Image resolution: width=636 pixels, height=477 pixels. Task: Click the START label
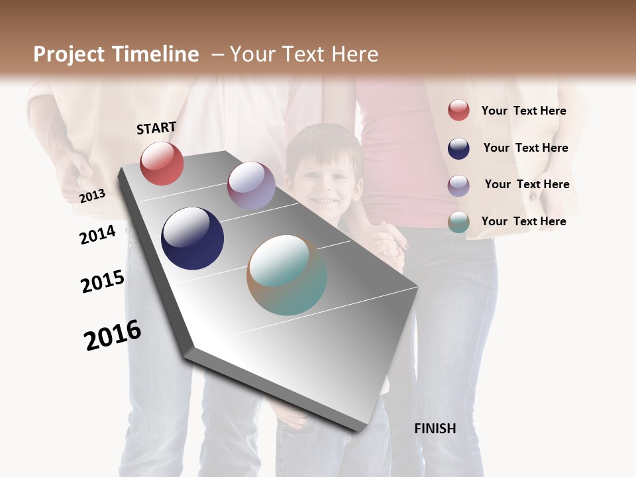coord(156,128)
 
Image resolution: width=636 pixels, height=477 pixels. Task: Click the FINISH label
coord(435,429)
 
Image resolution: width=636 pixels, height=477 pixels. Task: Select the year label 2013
coord(93,195)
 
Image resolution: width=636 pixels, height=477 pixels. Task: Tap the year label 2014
coord(98,235)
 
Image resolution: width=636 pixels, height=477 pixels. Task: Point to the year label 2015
coord(103,281)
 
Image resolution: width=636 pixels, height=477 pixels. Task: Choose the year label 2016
coord(113,335)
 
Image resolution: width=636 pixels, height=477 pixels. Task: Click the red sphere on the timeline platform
coord(162,163)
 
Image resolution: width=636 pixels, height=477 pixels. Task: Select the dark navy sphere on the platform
coord(192,238)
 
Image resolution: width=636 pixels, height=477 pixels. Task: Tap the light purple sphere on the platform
coord(251,185)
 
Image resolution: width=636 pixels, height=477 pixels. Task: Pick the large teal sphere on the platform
coord(287,275)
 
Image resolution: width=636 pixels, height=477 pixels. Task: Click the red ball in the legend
coord(458,110)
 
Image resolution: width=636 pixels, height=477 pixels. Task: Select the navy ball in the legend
coord(458,148)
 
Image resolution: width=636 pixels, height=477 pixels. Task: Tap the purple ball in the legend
coord(458,185)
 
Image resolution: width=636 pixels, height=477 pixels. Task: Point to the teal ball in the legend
coord(458,222)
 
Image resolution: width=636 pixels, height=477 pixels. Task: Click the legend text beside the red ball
coord(523,111)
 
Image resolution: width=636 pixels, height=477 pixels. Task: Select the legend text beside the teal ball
coord(523,221)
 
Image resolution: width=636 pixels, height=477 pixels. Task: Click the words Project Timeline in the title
coord(116,54)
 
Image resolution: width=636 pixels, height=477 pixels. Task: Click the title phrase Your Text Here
coord(304,54)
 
